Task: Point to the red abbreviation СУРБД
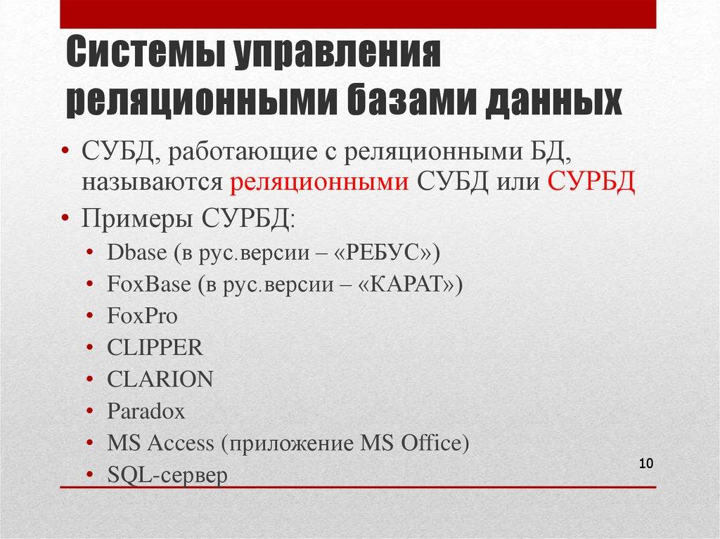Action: (x=591, y=182)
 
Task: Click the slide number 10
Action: (x=646, y=464)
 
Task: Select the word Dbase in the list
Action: (x=134, y=253)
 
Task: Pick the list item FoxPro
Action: (x=142, y=316)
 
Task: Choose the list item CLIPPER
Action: (x=155, y=348)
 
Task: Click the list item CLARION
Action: (x=160, y=379)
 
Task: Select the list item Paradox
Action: (x=146, y=411)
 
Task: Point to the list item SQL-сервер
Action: (x=167, y=476)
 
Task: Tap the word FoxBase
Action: (x=149, y=285)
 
